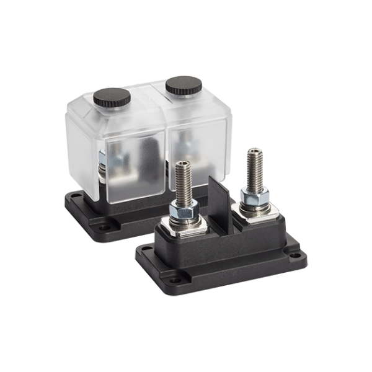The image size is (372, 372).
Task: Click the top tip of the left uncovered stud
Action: tap(182, 163)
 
